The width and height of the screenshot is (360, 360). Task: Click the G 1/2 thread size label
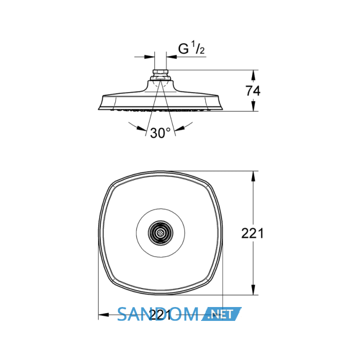[191, 48]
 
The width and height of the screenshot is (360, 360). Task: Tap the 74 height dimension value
[253, 91]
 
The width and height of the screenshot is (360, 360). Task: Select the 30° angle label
[160, 133]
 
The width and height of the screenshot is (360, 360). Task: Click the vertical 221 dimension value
[253, 233]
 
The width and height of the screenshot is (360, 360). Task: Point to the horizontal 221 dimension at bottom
[160, 315]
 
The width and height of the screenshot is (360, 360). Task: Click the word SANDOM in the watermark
[158, 314]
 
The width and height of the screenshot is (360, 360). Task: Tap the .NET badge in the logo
[222, 314]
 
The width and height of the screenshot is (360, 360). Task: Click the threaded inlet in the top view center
[160, 233]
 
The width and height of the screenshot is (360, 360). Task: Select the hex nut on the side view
[160, 72]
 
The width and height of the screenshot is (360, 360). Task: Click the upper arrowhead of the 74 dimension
[253, 75]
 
